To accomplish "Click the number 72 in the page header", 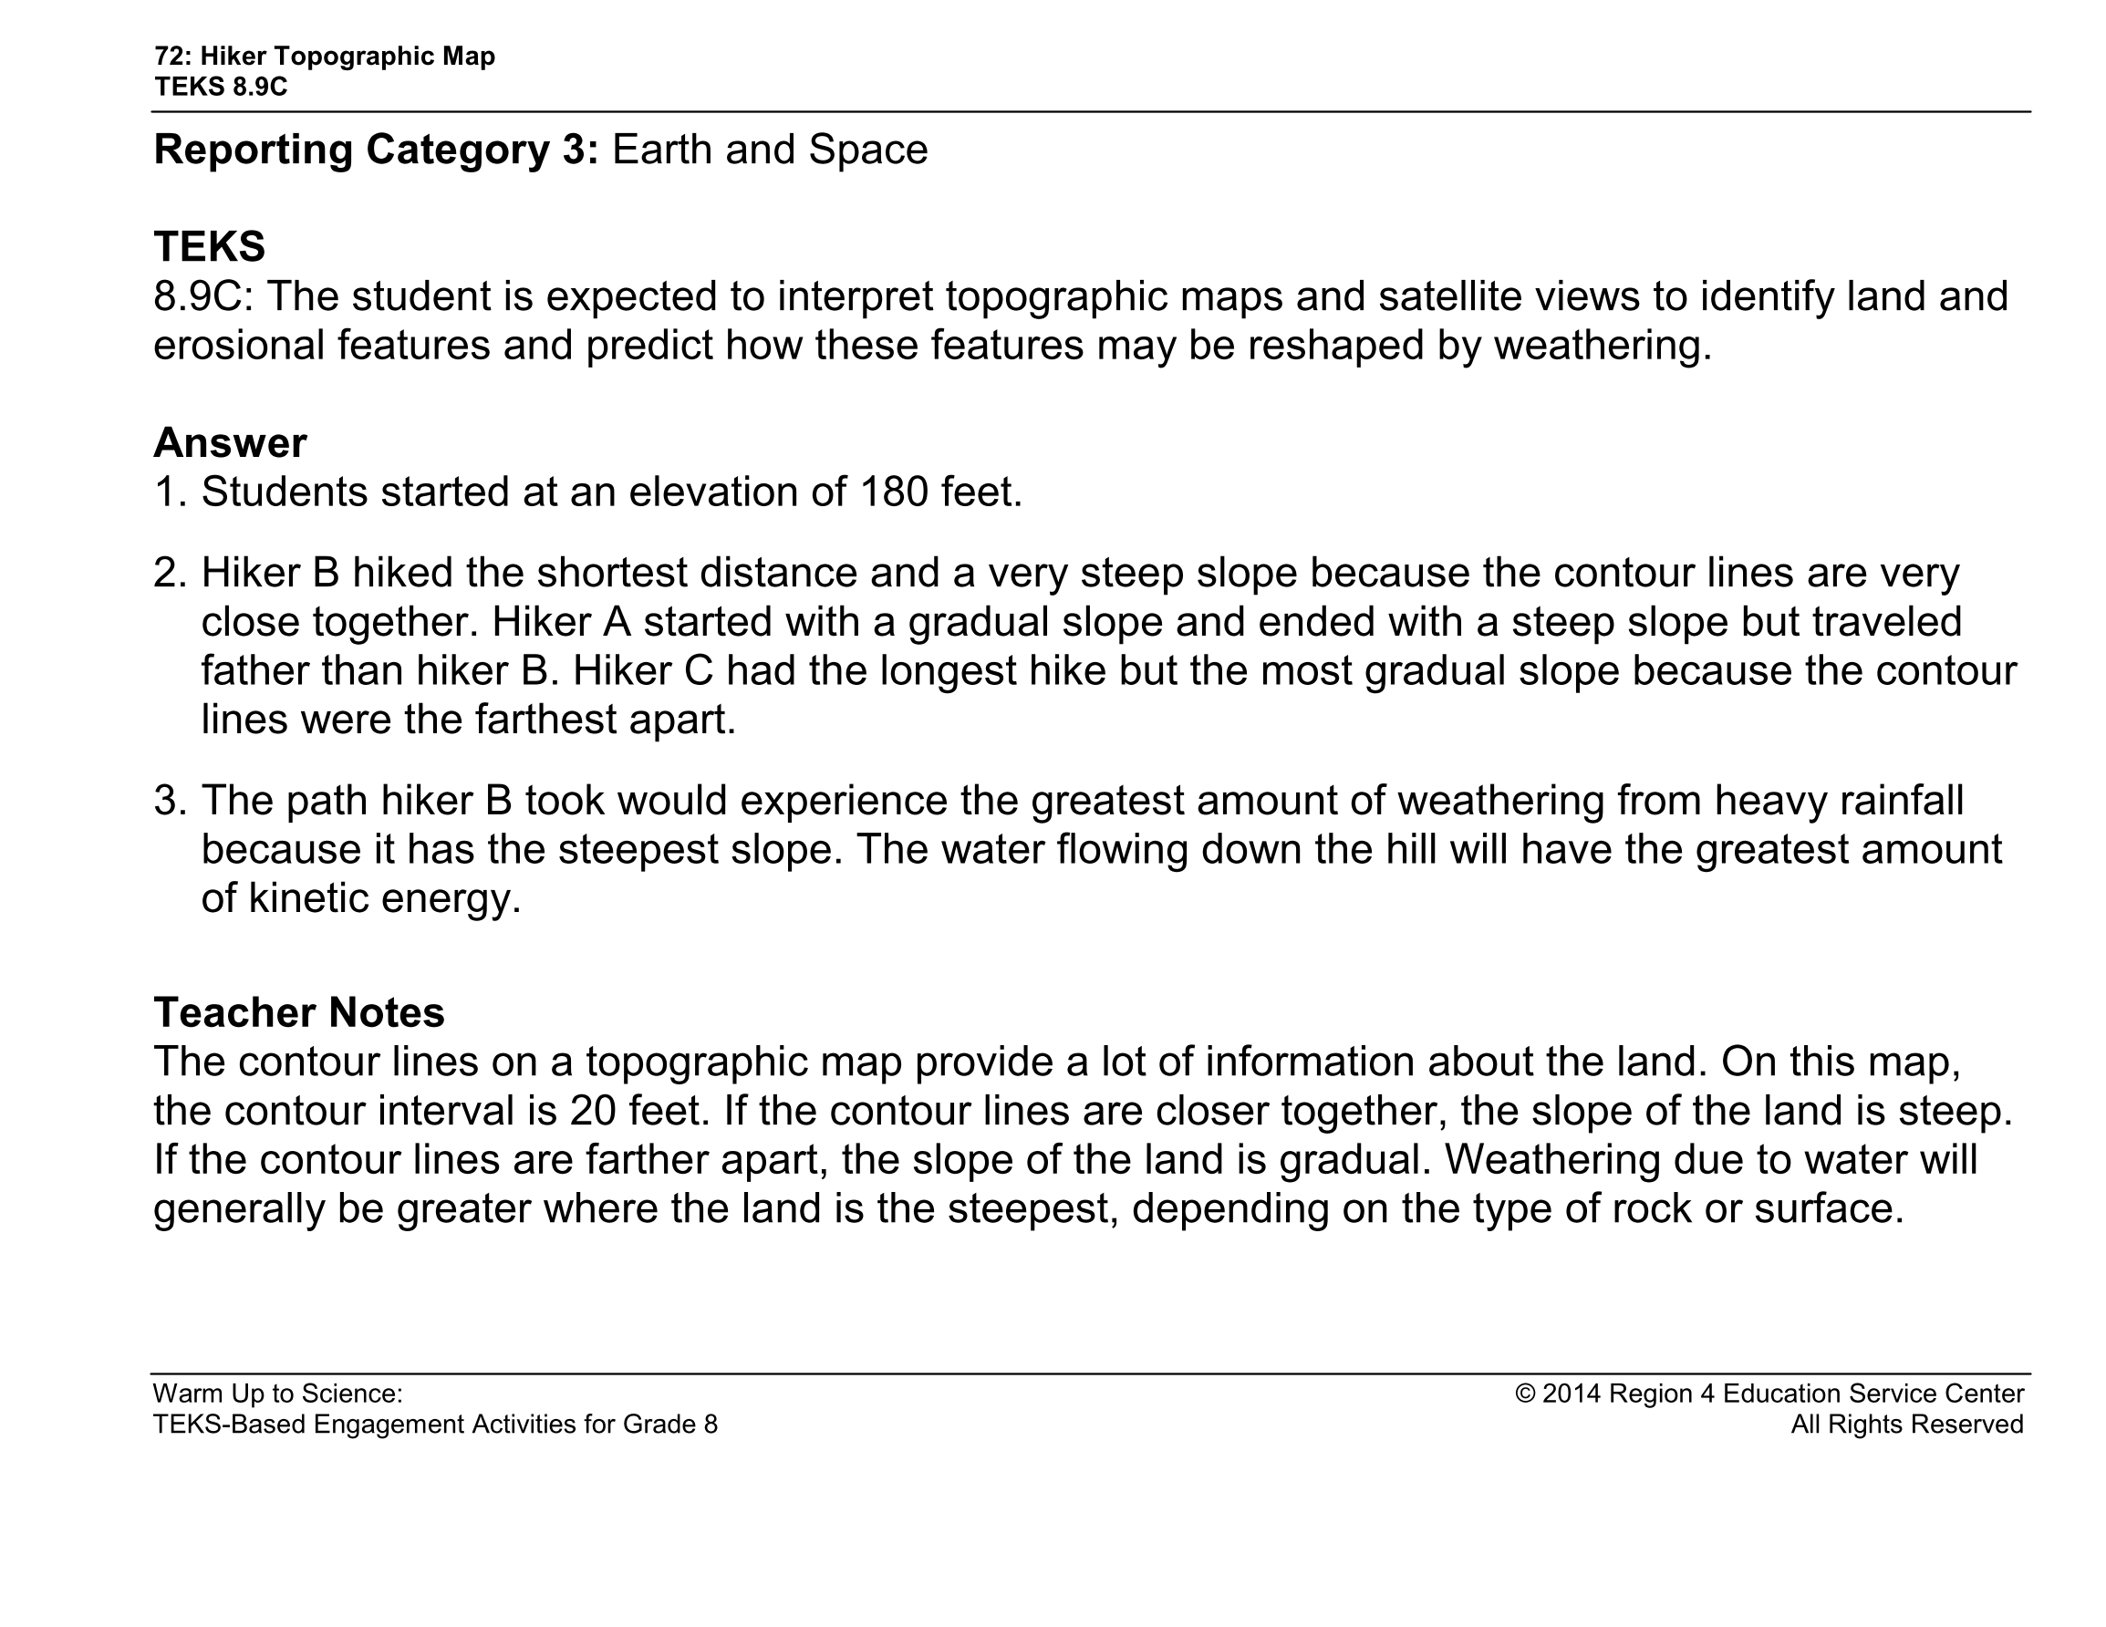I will pyautogui.click(x=167, y=56).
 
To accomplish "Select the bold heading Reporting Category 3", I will pyautogui.click(x=376, y=150).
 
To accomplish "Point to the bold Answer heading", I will pyautogui.click(x=230, y=442).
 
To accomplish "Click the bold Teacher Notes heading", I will pyautogui.click(x=299, y=1012).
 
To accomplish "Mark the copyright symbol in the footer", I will pyautogui.click(x=1524, y=1394).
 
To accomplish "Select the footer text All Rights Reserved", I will pyautogui.click(x=1906, y=1425).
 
